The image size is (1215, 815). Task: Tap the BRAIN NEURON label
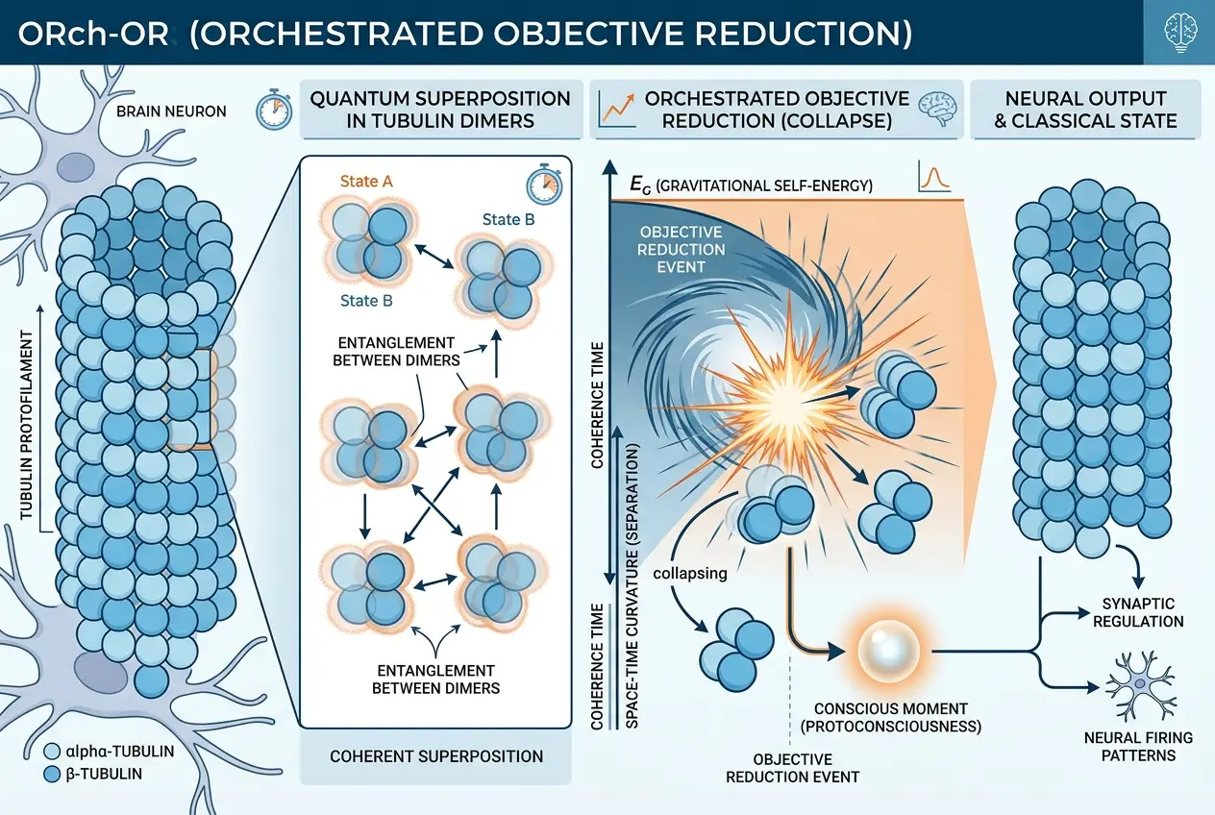point(170,111)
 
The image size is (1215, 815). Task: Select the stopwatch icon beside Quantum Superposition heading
point(272,111)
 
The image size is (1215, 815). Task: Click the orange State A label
point(366,181)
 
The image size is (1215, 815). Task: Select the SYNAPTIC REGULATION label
point(1139,611)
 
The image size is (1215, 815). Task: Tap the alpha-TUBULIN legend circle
point(54,751)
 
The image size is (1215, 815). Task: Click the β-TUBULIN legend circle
point(54,772)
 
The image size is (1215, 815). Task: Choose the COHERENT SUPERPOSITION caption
point(436,755)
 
